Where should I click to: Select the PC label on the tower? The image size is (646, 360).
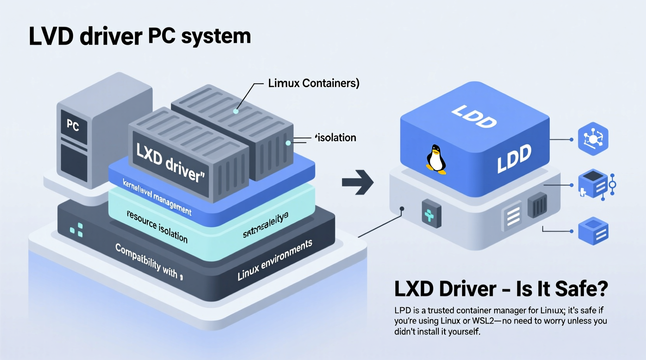[73, 125]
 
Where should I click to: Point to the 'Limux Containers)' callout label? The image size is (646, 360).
[314, 83]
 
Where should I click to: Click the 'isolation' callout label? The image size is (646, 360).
[336, 138]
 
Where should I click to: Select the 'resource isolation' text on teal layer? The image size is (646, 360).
[157, 227]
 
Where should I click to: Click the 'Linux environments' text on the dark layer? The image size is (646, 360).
[275, 260]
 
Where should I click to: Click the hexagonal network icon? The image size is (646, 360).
[593, 139]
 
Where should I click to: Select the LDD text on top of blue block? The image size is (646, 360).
[474, 116]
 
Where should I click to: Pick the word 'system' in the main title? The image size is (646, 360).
[216, 36]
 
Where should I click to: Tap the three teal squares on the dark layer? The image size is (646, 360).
[77, 230]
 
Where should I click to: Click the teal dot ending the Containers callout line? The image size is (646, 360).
[236, 111]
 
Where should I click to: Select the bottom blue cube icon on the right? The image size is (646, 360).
[593, 231]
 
